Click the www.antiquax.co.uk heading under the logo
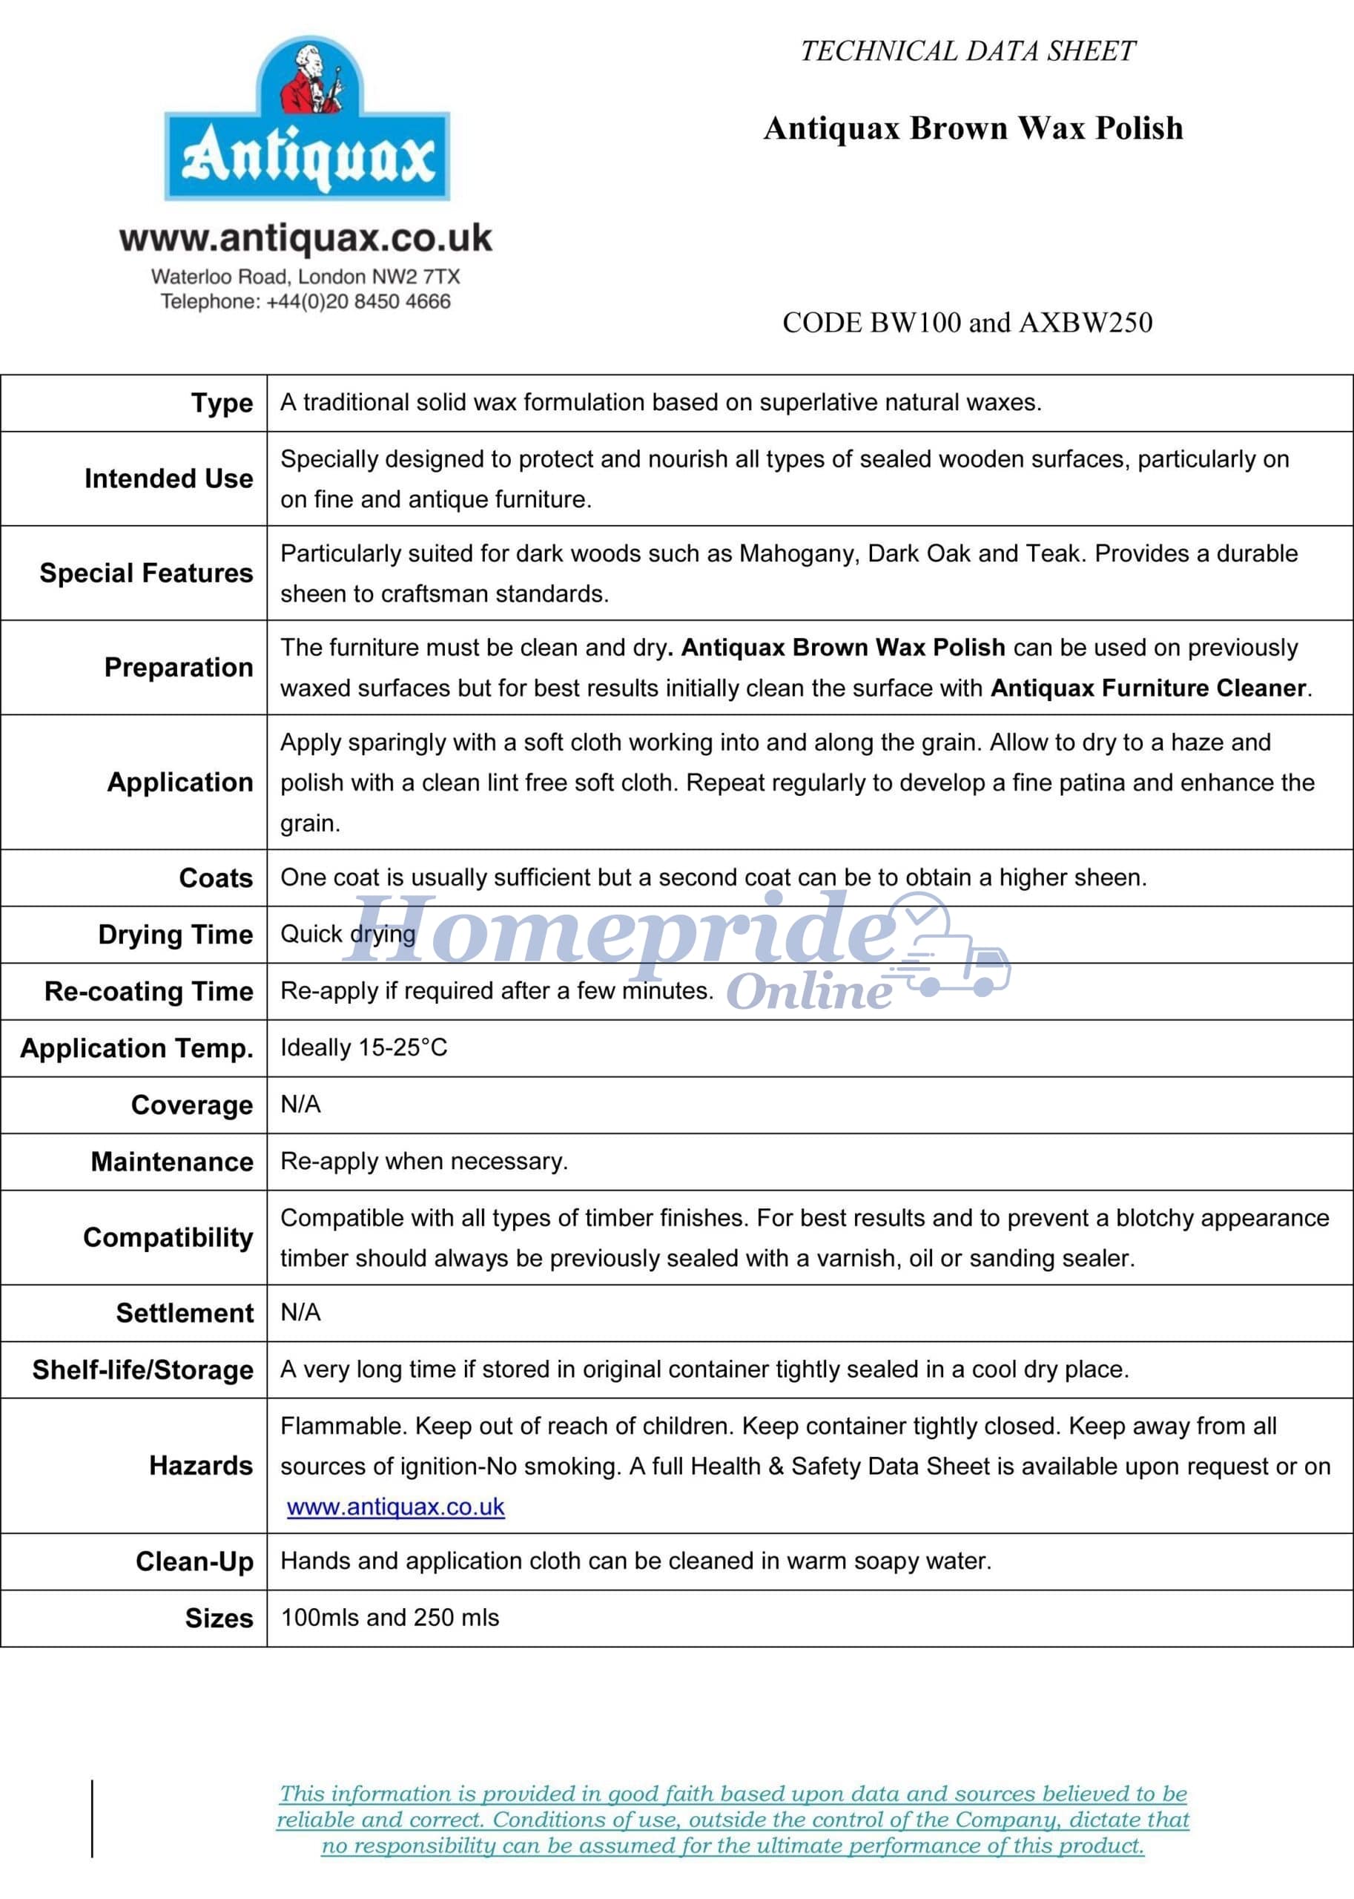(x=306, y=239)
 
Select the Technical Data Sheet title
(x=967, y=52)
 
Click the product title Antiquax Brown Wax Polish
(x=973, y=128)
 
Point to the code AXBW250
(x=1086, y=323)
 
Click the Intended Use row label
(x=168, y=478)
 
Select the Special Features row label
(x=146, y=573)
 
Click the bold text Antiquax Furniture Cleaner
(x=1148, y=688)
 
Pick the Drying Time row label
(x=175, y=935)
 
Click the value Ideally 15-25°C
(x=363, y=1047)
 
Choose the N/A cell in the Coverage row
(x=300, y=1105)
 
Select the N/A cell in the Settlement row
(x=300, y=1313)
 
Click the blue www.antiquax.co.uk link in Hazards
(x=396, y=1507)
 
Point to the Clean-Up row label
(x=194, y=1561)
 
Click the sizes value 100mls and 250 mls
(x=389, y=1618)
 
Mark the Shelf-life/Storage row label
(x=142, y=1370)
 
